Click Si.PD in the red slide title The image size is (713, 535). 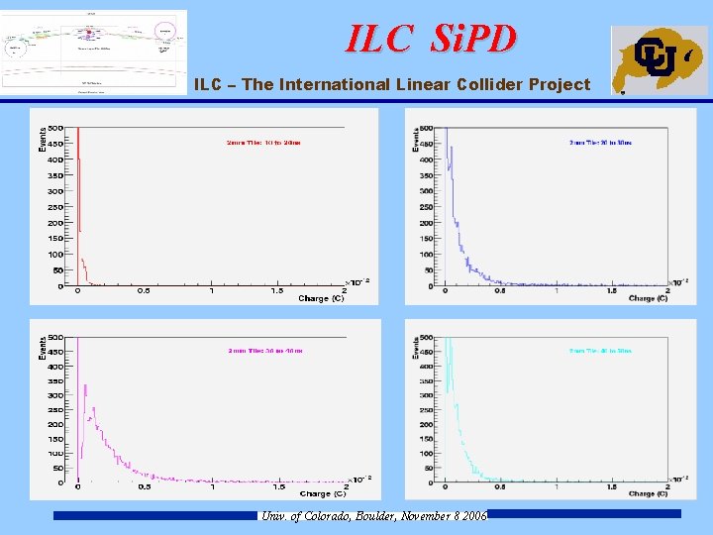pos(473,39)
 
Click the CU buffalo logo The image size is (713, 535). pos(659,59)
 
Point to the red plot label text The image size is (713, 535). pos(263,143)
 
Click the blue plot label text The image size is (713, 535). pos(600,143)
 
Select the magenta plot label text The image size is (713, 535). pos(263,351)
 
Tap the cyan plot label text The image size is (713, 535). pos(600,351)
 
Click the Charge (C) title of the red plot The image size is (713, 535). pos(321,298)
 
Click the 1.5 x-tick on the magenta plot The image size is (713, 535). pos(277,486)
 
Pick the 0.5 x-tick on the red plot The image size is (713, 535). pos(144,291)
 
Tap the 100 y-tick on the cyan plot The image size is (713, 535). pos(427,454)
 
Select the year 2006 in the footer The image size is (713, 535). pos(473,516)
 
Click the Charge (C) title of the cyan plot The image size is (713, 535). pos(648,492)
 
